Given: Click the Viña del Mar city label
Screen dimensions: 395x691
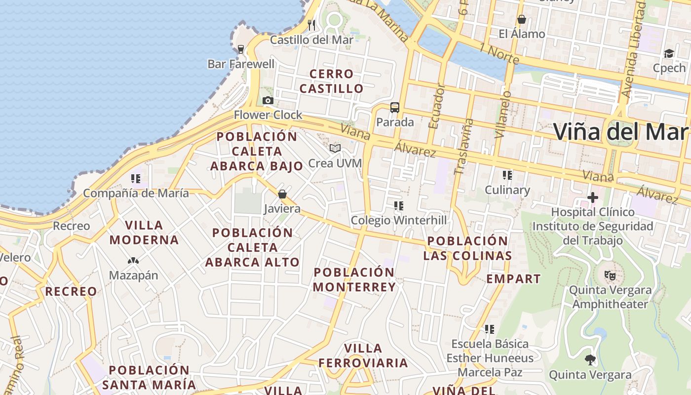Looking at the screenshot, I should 621,132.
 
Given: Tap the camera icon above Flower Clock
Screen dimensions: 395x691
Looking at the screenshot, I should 268,101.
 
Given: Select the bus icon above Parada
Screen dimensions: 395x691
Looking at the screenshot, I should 395,108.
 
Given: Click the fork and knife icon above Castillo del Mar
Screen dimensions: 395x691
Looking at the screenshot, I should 311,25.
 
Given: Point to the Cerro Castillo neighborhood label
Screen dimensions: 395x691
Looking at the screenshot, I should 332,81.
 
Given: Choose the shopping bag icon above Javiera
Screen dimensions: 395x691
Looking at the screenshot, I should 282,194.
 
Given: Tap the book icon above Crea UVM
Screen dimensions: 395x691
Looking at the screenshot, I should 335,148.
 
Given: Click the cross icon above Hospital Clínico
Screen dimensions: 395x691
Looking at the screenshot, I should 593,198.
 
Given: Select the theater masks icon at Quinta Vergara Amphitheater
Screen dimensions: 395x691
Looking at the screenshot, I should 610,276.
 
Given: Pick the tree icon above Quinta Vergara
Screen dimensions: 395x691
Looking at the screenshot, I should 590,360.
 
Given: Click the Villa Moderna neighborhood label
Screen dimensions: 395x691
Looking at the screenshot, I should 144,233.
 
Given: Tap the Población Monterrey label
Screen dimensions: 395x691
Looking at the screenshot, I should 354,279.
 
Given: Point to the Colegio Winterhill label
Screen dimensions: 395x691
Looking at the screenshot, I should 398,220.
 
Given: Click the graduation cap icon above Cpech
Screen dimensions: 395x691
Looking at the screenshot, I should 669,53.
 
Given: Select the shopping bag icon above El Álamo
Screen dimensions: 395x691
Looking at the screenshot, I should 522,20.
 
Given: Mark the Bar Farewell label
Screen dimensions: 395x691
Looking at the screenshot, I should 241,64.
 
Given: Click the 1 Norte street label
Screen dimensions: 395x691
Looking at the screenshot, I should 499,54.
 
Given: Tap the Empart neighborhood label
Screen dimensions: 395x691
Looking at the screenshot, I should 513,279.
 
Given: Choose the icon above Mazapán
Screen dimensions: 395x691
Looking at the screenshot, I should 133,260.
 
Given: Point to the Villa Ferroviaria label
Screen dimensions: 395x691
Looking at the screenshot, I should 363,356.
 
